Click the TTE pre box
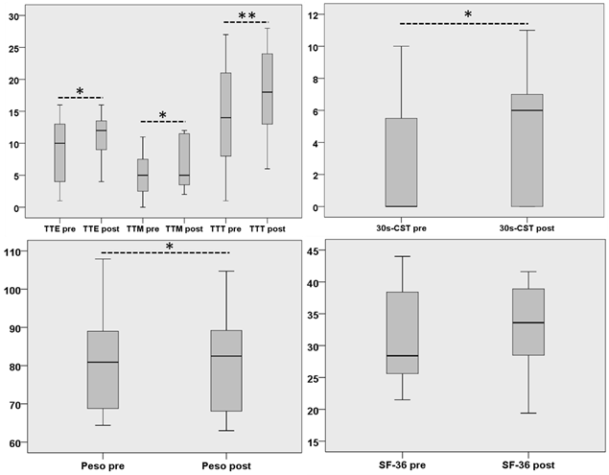(59, 153)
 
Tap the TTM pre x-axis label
(142, 228)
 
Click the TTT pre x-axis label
(225, 228)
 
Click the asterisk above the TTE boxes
(80, 92)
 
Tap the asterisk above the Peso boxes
(169, 248)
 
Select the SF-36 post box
(528, 321)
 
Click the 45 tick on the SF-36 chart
(315, 251)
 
